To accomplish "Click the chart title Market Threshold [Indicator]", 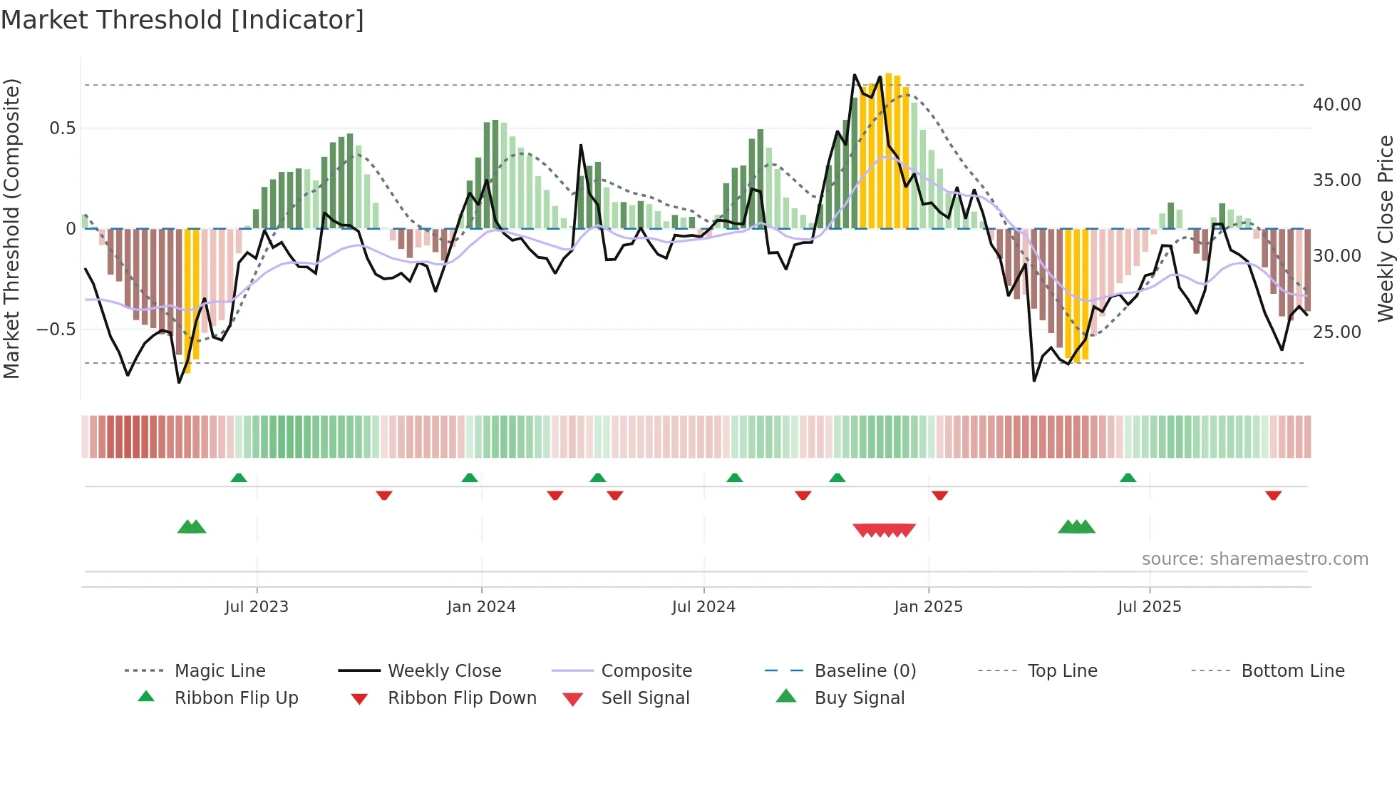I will pyautogui.click(x=182, y=20).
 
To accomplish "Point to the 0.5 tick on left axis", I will pyautogui.click(x=62, y=128).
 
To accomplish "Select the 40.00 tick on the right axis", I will pyautogui.click(x=1336, y=105).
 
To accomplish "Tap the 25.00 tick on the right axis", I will pyautogui.click(x=1336, y=332).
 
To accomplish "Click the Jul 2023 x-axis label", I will pyautogui.click(x=257, y=607).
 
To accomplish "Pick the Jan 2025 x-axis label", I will pyautogui.click(x=928, y=607).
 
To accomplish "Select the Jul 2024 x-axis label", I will pyautogui.click(x=703, y=607).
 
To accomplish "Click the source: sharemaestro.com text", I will pyautogui.click(x=1254, y=559).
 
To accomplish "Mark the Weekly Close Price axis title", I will pyautogui.click(x=1385, y=228).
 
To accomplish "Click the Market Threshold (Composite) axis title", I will pyautogui.click(x=11, y=228).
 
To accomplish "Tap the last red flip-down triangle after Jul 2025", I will pyautogui.click(x=1273, y=495).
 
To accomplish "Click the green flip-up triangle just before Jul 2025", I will pyautogui.click(x=1128, y=478).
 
